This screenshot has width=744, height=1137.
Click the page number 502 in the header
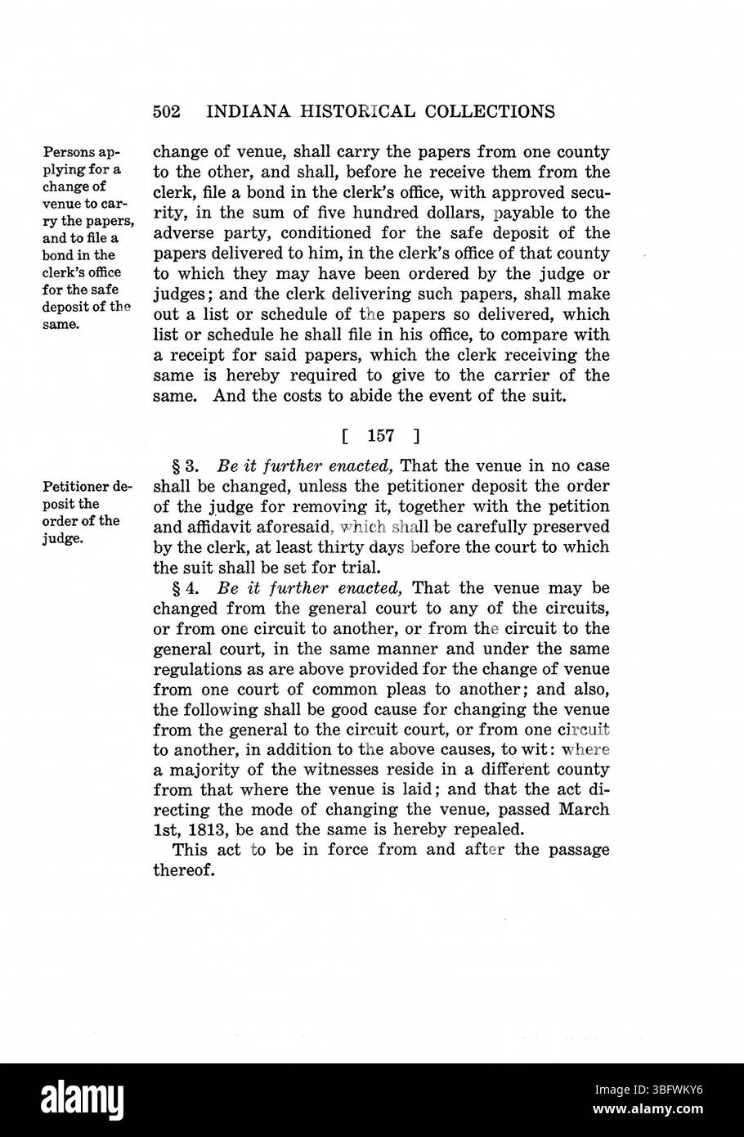click(x=166, y=111)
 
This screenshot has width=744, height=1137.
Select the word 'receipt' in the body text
click(x=200, y=356)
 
